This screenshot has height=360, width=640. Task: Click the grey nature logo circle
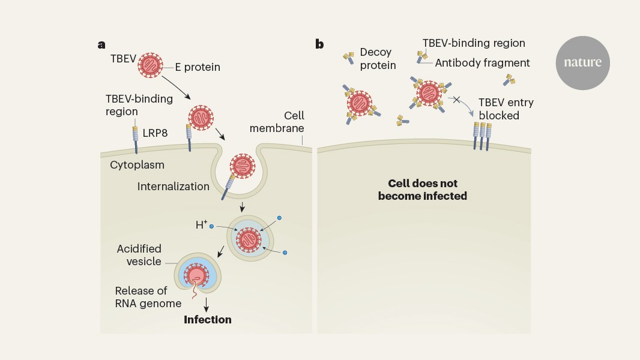pyautogui.click(x=582, y=63)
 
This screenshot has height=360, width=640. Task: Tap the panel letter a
pyautogui.click(x=102, y=44)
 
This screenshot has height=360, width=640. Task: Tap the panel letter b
pyautogui.click(x=319, y=44)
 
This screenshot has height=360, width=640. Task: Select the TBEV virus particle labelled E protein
pyautogui.click(x=150, y=64)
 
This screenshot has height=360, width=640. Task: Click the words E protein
pyautogui.click(x=198, y=67)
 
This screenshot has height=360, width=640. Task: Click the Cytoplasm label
pyautogui.click(x=137, y=164)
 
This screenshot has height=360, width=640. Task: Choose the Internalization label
pyautogui.click(x=173, y=186)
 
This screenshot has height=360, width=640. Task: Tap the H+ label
pyautogui.click(x=201, y=225)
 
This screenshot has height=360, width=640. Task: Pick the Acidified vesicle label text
pyautogui.click(x=139, y=255)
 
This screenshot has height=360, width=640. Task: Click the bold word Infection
pyautogui.click(x=207, y=320)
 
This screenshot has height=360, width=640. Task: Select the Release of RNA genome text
pyautogui.click(x=148, y=297)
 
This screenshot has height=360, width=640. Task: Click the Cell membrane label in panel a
pyautogui.click(x=277, y=122)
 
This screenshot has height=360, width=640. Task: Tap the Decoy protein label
pyautogui.click(x=378, y=59)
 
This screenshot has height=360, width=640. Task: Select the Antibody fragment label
pyautogui.click(x=482, y=62)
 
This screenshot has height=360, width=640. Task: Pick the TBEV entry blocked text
pyautogui.click(x=506, y=109)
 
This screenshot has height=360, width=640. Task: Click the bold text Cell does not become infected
pyautogui.click(x=423, y=190)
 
